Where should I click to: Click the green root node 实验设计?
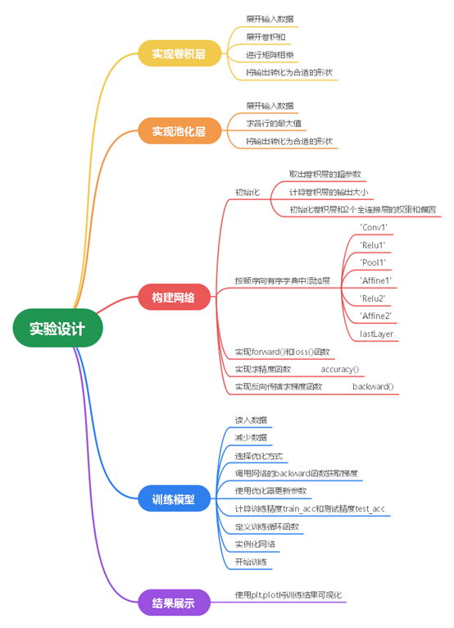click(57, 329)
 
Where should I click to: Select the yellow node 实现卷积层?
click(178, 54)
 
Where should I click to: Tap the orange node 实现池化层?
click(178, 131)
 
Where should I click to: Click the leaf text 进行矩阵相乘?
click(270, 55)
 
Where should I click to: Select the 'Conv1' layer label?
click(374, 227)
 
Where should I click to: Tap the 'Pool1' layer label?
click(374, 262)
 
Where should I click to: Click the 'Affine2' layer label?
click(376, 316)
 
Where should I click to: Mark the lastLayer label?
click(376, 334)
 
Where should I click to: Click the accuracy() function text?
click(340, 369)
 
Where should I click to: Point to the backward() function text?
click(373, 386)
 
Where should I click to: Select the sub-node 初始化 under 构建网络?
click(247, 193)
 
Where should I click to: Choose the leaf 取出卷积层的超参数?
click(325, 175)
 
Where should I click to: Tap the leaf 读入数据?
click(251, 420)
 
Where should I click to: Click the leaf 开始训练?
click(251, 562)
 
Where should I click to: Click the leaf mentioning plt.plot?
click(288, 594)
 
